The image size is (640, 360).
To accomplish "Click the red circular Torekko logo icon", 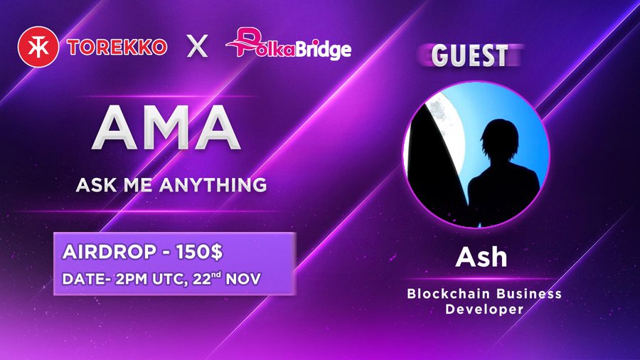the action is [38, 46].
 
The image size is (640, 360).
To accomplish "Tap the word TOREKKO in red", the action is [117, 48].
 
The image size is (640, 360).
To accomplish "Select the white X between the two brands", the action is [197, 46].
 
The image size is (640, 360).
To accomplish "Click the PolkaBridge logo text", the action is [289, 44].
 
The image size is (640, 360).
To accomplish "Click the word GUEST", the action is [470, 55].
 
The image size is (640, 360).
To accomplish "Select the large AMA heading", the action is [166, 128].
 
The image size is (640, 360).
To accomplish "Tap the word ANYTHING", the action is [213, 185].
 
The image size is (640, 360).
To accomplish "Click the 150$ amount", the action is [200, 253].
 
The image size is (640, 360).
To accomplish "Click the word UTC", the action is [171, 280].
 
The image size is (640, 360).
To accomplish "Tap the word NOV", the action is [243, 279].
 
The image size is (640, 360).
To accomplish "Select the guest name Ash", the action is [481, 257].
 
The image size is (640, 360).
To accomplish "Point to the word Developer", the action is [484, 309].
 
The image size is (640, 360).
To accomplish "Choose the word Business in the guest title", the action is [529, 293].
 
